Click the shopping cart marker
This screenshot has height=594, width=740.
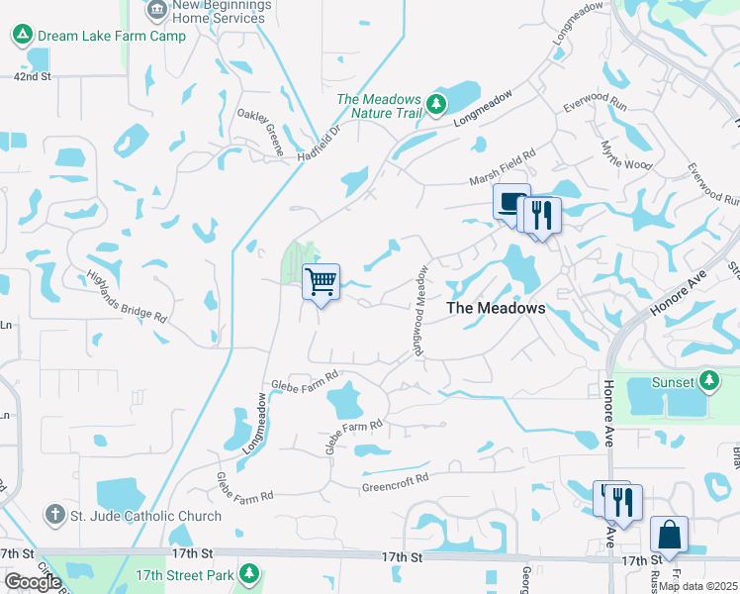pyautogui.click(x=321, y=282)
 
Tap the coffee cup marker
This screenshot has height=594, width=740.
pyautogui.click(x=510, y=203)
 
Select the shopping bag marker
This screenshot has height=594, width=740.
pyautogui.click(x=669, y=535)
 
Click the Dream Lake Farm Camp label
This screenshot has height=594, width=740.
pyautogui.click(x=111, y=36)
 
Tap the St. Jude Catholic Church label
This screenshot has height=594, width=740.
pyautogui.click(x=144, y=515)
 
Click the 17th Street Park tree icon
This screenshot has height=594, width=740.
pyautogui.click(x=249, y=573)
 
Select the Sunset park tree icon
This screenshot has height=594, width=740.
pyautogui.click(x=708, y=380)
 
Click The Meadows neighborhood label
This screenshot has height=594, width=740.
pyautogui.click(x=496, y=308)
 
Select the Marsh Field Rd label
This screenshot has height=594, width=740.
pyautogui.click(x=502, y=166)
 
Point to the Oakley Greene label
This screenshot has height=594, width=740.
pyautogui.click(x=260, y=133)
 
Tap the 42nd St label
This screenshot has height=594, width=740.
pyautogui.click(x=32, y=75)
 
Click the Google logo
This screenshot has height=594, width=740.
pyautogui.click(x=33, y=582)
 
